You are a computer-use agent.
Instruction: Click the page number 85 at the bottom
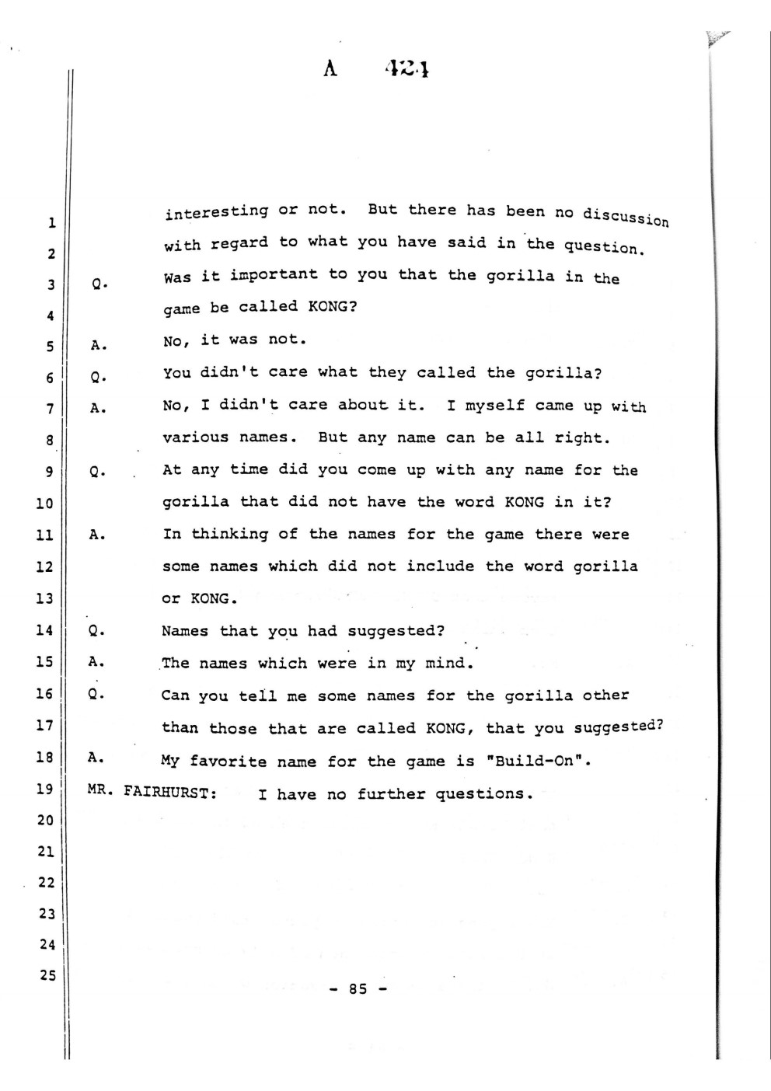[x=358, y=989]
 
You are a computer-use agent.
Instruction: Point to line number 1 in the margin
[x=51, y=224]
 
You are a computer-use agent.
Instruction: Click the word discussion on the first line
[x=626, y=216]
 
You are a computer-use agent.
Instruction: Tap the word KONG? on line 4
[x=333, y=306]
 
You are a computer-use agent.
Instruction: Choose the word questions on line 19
[x=482, y=793]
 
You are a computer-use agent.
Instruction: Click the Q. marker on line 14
[x=97, y=630]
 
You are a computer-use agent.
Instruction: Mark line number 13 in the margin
[x=44, y=598]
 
